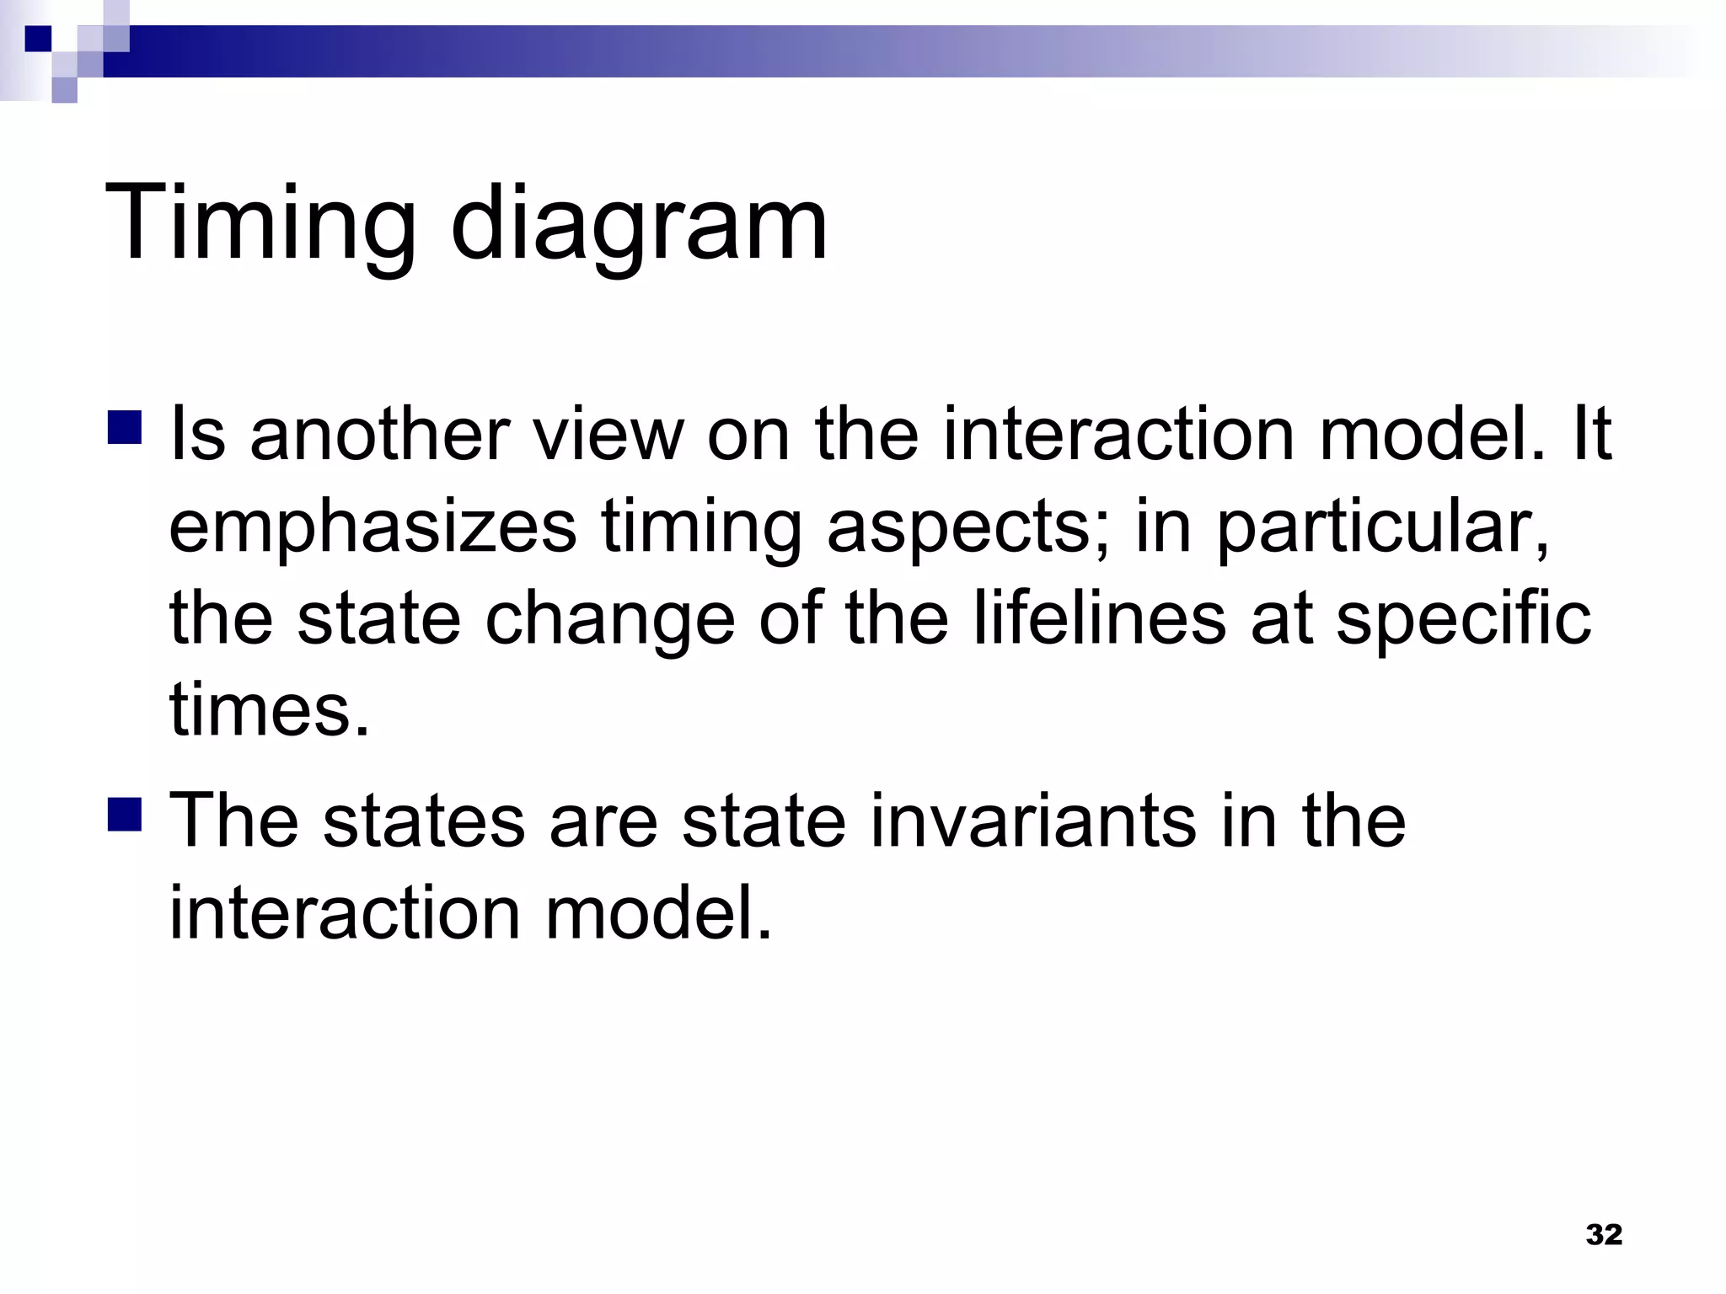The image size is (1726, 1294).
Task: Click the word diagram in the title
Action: point(639,226)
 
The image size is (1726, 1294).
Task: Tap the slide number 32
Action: point(1603,1234)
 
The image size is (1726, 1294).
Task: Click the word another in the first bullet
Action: point(379,435)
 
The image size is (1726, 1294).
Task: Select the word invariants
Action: point(1032,821)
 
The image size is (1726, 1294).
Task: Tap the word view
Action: point(605,435)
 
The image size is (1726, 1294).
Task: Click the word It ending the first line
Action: point(1589,435)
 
